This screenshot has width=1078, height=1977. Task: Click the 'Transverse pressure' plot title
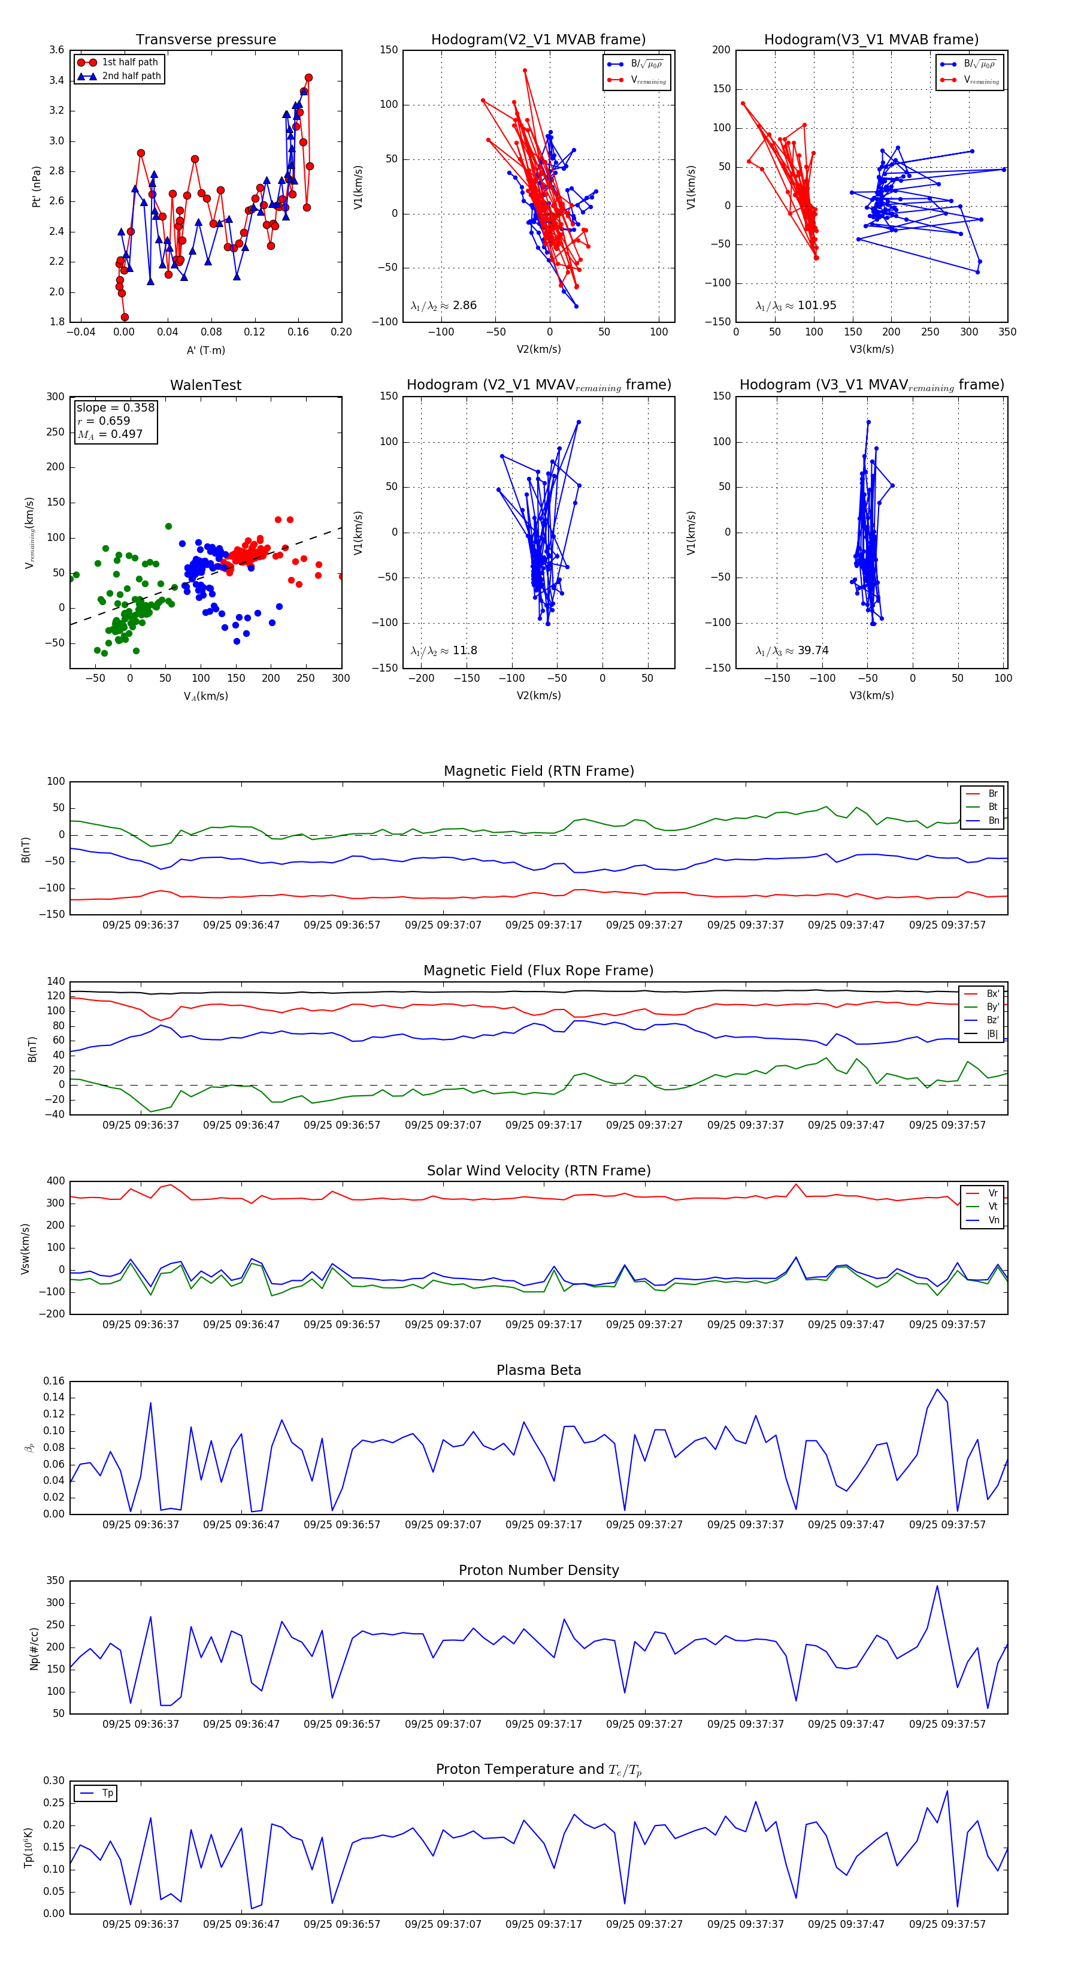pyautogui.click(x=205, y=40)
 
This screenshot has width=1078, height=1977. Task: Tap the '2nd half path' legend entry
pyautogui.click(x=131, y=76)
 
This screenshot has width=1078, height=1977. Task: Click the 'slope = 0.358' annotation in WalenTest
pyautogui.click(x=115, y=407)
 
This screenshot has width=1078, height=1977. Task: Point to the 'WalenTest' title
pyautogui.click(x=205, y=385)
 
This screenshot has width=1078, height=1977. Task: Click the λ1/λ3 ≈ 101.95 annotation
pyautogui.click(x=796, y=306)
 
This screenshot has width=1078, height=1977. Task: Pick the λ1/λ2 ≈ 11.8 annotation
pyautogui.click(x=443, y=651)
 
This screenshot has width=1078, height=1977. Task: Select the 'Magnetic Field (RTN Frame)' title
pyautogui.click(x=538, y=771)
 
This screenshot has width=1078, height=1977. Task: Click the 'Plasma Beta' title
pyautogui.click(x=538, y=1371)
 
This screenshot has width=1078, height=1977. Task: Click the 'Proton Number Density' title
pyautogui.click(x=538, y=1570)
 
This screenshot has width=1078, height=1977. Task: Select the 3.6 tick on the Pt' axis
pyautogui.click(x=57, y=50)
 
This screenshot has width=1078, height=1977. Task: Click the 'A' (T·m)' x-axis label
pyautogui.click(x=205, y=350)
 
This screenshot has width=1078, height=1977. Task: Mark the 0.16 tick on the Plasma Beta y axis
pyautogui.click(x=54, y=1382)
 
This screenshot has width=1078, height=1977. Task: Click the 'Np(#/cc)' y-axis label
pyautogui.click(x=34, y=1649)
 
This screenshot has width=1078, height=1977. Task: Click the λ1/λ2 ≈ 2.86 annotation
pyautogui.click(x=443, y=306)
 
